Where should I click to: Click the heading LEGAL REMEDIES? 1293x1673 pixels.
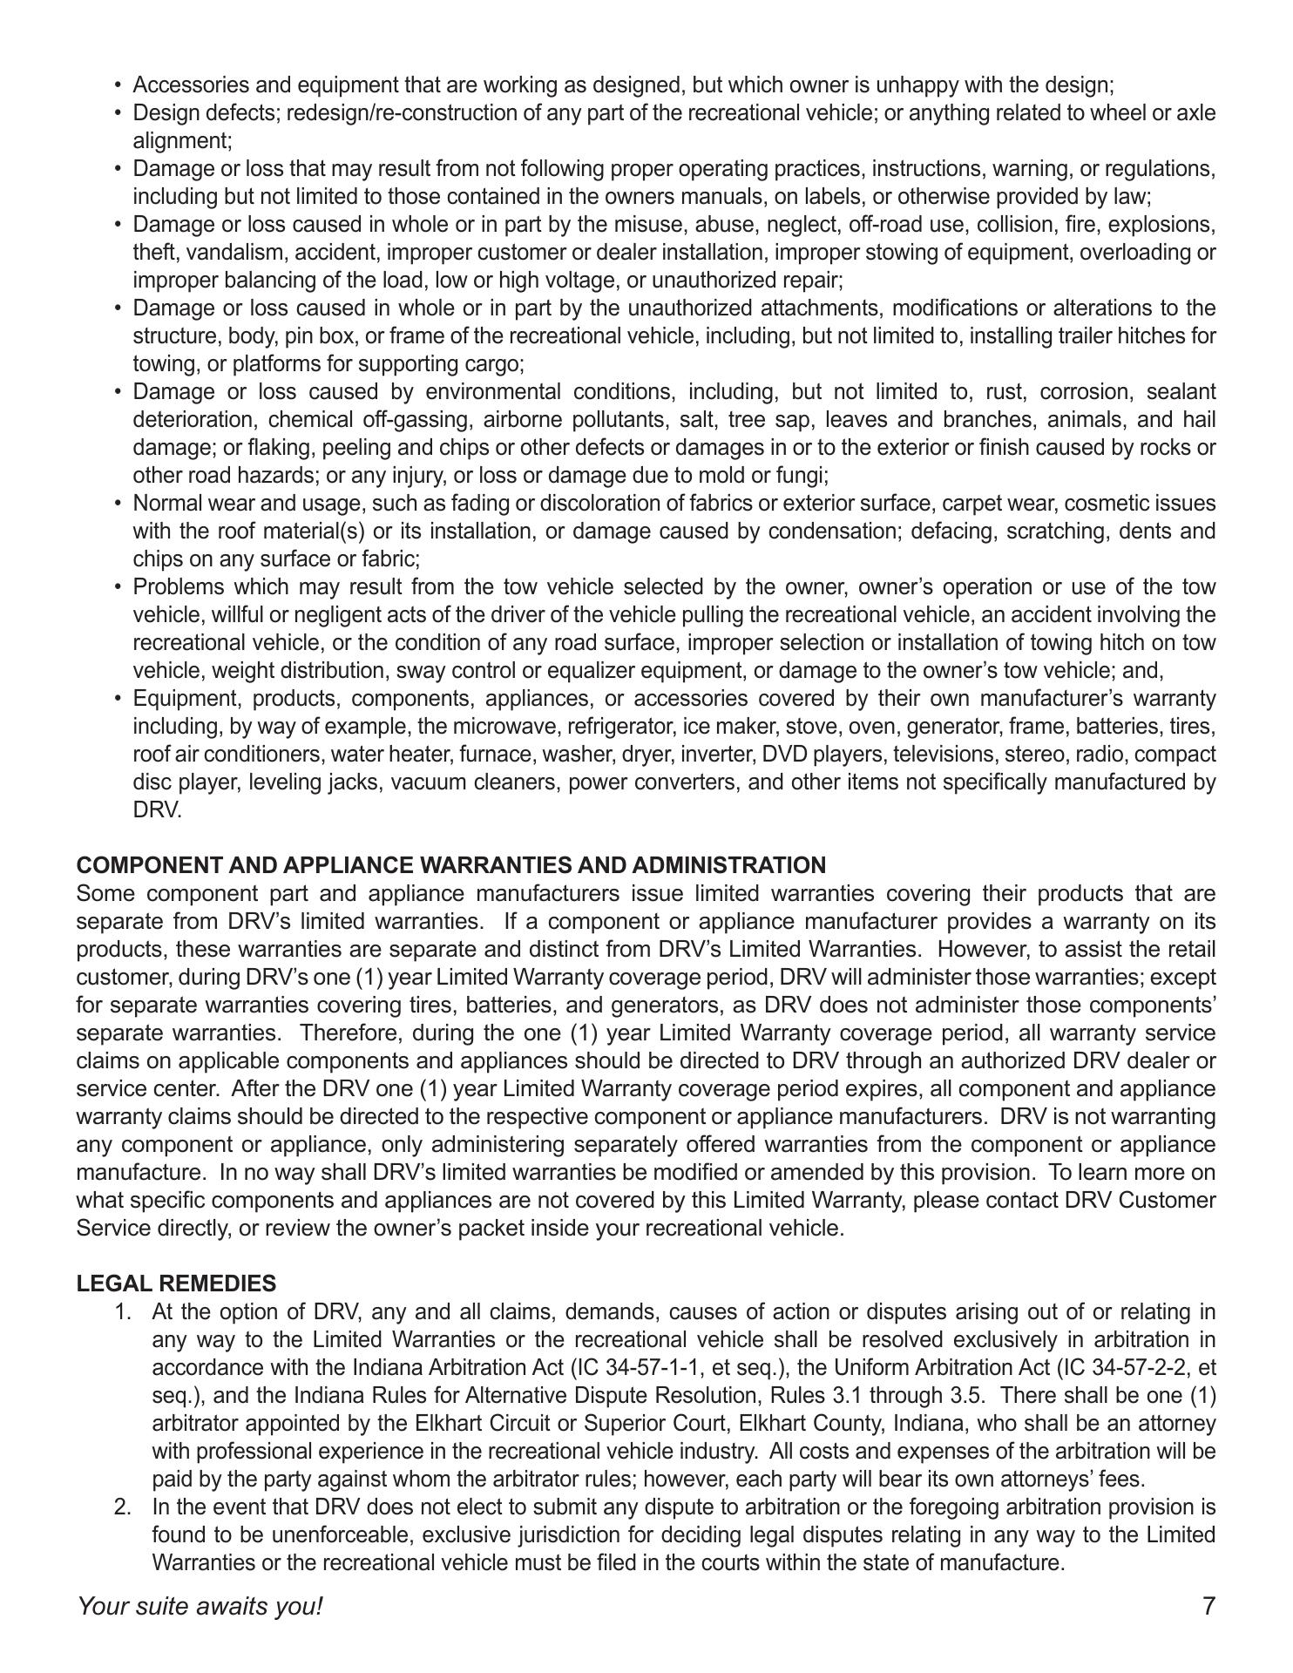[x=176, y=1284]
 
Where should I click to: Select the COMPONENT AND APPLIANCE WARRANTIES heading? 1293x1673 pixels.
[x=450, y=865]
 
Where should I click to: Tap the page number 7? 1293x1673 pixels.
[x=1208, y=1607]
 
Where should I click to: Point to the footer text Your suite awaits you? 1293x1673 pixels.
[x=200, y=1607]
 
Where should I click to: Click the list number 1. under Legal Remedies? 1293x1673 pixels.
[x=123, y=1311]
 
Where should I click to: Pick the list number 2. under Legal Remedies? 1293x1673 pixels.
[x=123, y=1507]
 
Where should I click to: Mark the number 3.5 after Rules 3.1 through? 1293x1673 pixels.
[x=968, y=1395]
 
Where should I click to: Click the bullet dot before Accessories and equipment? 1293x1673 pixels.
[x=118, y=85]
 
